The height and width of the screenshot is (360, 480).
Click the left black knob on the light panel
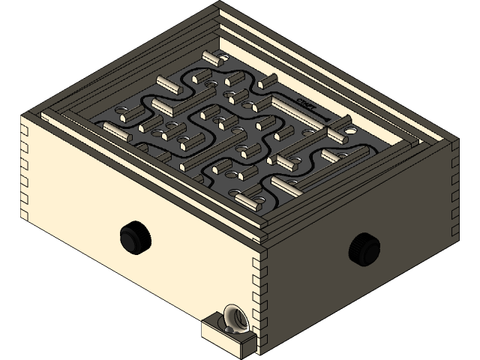pyautogui.click(x=134, y=237)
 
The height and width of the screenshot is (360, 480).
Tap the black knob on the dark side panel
pyautogui.click(x=364, y=245)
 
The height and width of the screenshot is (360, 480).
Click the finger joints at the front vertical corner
pyautogui.click(x=262, y=300)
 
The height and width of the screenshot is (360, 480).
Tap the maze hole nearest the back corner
pyautogui.click(x=225, y=58)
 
